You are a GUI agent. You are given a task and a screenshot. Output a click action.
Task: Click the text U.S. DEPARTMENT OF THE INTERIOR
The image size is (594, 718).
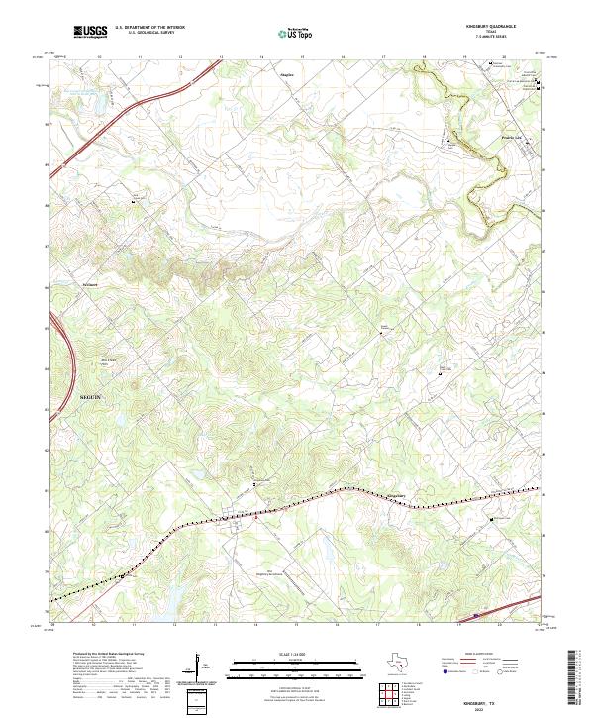pos(149,29)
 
